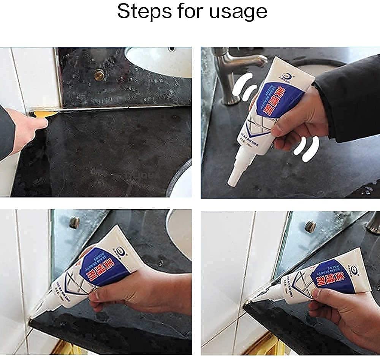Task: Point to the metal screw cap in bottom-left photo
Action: coord(74,222)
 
